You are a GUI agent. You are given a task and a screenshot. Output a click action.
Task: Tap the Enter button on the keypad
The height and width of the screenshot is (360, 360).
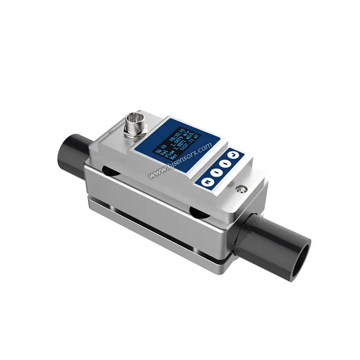(232, 155)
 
